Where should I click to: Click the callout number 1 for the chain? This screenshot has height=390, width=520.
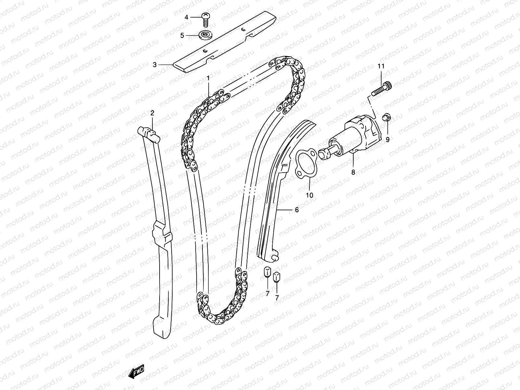click(208, 78)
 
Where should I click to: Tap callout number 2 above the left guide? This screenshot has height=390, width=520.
click(152, 113)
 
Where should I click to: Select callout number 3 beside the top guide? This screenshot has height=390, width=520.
click(155, 65)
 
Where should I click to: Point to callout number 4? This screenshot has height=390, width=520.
click(187, 17)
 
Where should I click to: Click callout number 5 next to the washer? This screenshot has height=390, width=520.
click(182, 35)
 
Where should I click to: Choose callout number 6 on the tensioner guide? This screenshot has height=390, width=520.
click(297, 210)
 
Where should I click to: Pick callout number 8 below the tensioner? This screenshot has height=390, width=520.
click(353, 172)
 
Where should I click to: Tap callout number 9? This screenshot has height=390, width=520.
click(387, 140)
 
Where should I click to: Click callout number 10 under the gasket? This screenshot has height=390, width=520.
click(309, 195)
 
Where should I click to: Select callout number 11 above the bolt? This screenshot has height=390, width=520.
click(381, 66)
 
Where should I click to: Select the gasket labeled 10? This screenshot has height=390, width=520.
click(305, 164)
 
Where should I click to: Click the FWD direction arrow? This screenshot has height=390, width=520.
click(136, 371)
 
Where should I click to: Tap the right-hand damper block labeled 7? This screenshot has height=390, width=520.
click(277, 277)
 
